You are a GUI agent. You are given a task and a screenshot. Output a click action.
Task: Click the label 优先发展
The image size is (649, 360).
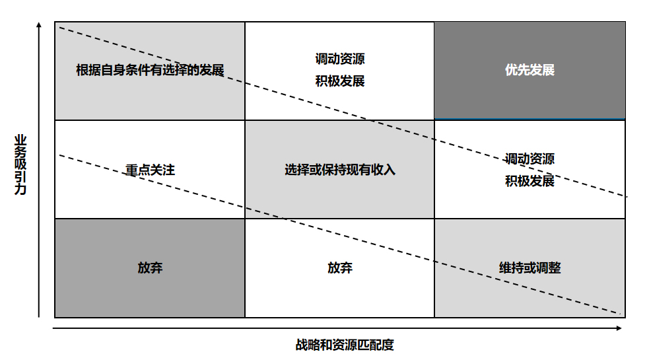(529, 70)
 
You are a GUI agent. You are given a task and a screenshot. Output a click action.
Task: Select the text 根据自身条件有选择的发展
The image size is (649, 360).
(150, 70)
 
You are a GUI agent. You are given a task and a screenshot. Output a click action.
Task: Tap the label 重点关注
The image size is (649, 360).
(150, 170)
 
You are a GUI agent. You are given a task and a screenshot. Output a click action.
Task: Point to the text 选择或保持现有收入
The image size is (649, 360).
(340, 170)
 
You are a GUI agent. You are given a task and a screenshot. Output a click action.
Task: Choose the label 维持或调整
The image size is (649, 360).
(529, 268)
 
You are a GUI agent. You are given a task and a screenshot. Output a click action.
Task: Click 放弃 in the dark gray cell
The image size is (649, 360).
(150, 268)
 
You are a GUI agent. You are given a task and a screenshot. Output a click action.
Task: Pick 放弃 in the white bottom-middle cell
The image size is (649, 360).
(340, 268)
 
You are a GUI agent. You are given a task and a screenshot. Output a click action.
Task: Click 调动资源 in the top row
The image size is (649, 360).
(340, 59)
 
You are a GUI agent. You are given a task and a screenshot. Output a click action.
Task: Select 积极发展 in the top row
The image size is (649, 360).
(340, 81)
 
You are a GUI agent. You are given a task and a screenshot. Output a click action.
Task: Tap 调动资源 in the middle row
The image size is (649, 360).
(529, 159)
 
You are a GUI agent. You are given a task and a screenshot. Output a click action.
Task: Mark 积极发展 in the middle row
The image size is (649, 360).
(529, 181)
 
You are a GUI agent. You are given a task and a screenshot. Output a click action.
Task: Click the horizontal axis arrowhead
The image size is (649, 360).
(623, 328)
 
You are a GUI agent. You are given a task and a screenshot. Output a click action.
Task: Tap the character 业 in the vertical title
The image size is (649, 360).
(20, 140)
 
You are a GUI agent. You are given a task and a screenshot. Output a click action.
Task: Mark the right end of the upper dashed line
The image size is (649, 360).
(626, 197)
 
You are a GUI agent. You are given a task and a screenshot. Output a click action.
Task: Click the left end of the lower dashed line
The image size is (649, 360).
(60, 155)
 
